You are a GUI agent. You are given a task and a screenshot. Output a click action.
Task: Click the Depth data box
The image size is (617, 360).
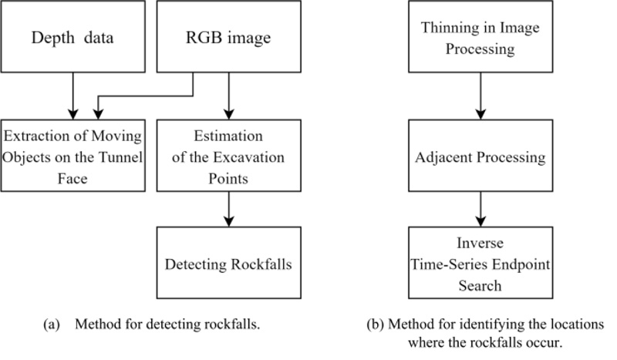click(73, 36)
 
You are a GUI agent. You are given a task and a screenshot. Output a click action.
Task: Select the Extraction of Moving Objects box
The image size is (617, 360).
click(73, 156)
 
